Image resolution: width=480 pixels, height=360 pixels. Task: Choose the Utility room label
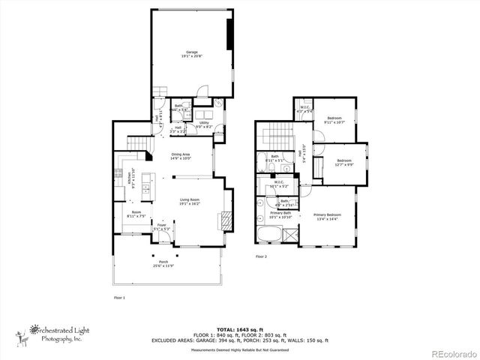click(203, 124)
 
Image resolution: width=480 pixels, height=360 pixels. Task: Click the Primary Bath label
click(281, 214)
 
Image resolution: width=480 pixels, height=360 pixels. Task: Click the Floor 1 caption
click(119, 298)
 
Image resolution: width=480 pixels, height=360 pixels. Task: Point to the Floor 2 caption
click(261, 256)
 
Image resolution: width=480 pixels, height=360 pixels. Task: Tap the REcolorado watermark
click(453, 353)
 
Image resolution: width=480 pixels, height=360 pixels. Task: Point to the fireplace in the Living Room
click(222, 220)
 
